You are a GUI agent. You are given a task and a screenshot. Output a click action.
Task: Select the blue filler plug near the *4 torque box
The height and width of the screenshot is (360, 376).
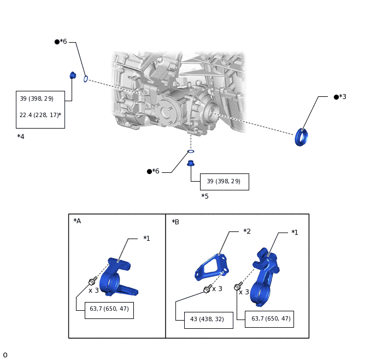tap(73, 76)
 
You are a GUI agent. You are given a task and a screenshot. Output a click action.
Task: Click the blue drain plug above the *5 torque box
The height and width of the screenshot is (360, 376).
tap(191, 164)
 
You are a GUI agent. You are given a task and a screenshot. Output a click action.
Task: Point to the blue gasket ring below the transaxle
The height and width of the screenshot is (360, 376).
tap(191, 152)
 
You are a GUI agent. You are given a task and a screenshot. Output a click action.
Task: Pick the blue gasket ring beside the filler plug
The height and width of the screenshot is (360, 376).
tap(86, 79)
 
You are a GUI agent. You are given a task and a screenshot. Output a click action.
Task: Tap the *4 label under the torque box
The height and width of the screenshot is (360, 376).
tap(21, 137)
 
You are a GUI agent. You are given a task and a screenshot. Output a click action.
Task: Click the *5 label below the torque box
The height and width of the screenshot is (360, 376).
tap(205, 196)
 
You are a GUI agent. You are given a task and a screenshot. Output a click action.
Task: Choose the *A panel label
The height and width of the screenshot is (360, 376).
tap(77, 221)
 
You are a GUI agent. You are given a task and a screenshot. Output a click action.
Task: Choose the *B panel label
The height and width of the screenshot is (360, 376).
tap(175, 222)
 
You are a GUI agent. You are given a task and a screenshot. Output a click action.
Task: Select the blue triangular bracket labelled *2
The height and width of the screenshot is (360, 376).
tap(211, 267)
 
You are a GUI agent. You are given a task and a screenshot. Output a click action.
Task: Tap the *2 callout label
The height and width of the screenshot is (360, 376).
tap(247, 231)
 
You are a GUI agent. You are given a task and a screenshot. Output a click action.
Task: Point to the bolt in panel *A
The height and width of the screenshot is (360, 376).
tap(92, 281)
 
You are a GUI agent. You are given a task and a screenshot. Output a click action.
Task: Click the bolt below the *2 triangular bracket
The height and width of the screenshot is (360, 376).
tap(208, 289)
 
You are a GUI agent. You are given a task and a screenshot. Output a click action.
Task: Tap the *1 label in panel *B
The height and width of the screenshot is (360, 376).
tap(295, 233)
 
